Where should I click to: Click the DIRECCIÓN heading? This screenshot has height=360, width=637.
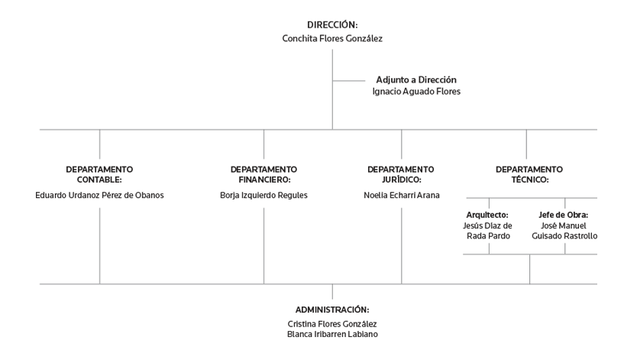332,24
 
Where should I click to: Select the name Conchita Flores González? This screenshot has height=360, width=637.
332,39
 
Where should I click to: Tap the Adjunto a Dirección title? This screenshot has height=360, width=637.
416,79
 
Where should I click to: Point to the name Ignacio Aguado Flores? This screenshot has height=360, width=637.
416,92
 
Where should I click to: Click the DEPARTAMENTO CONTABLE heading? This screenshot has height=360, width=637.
99,174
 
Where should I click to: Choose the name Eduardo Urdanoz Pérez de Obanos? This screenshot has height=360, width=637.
99,195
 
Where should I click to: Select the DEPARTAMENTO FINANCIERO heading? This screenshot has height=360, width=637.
264,174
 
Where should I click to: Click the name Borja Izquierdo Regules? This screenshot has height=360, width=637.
264,195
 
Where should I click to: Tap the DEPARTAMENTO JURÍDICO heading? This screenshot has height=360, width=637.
401,174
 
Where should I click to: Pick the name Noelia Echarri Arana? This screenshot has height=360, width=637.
402,195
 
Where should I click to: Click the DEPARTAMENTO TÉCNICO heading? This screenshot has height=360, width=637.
529,174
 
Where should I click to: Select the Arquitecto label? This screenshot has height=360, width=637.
487,215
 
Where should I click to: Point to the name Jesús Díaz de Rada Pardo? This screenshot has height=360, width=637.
487,231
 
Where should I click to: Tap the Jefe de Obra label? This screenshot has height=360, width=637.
564,215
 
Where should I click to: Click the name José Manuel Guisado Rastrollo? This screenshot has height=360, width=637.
564,231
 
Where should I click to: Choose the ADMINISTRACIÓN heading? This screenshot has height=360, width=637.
332,310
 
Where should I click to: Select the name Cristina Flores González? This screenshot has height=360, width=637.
332,324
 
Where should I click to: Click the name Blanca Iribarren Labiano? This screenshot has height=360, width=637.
332,334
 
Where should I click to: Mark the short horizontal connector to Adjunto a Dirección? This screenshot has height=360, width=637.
349,81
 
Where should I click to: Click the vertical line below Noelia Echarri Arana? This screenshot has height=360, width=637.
402,246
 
